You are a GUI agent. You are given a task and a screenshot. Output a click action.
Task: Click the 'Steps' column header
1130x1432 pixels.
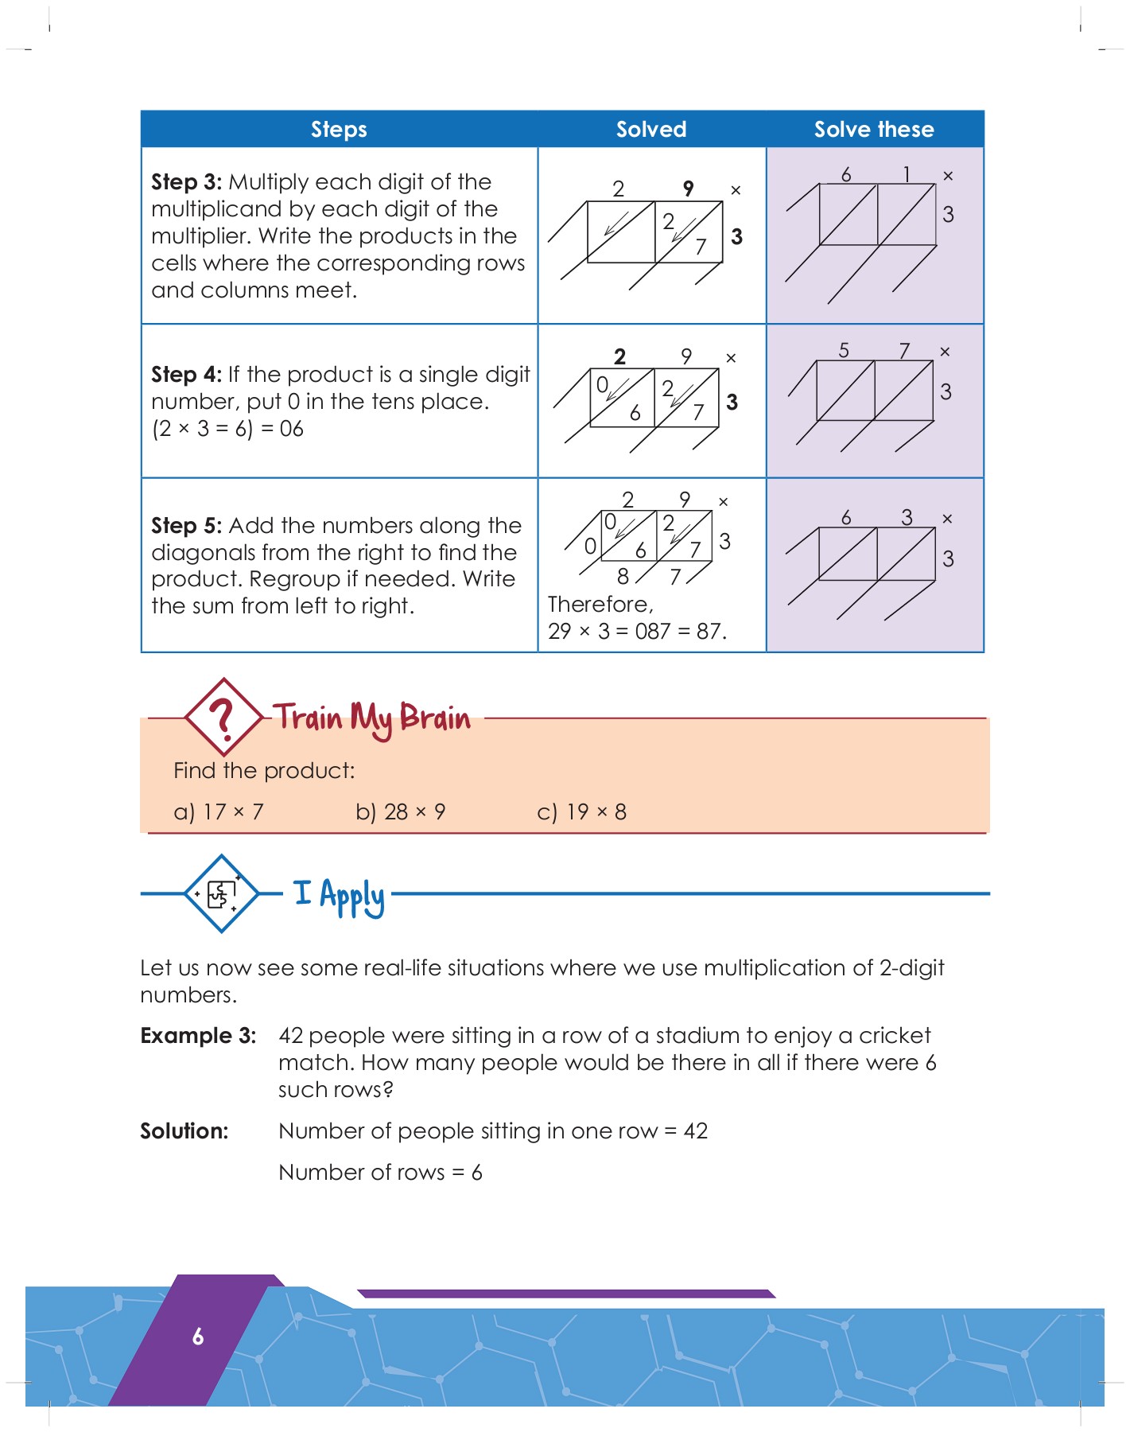pyautogui.click(x=339, y=129)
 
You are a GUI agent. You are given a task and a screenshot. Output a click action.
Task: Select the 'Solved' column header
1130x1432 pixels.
pyautogui.click(x=650, y=129)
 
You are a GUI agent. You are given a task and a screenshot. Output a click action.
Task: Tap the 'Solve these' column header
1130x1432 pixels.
pyautogui.click(x=873, y=129)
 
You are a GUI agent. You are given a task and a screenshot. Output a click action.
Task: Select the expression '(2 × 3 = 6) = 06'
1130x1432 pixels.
pyautogui.click(x=227, y=429)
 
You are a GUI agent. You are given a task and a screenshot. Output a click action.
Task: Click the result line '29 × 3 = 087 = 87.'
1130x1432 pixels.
pyautogui.click(x=637, y=632)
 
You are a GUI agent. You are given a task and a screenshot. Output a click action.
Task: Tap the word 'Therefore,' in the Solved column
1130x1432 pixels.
pyautogui.click(x=600, y=605)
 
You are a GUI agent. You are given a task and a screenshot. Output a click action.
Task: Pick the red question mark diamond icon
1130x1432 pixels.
pyautogui.click(x=223, y=717)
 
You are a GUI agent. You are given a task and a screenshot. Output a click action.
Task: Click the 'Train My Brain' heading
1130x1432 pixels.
pyautogui.click(x=372, y=718)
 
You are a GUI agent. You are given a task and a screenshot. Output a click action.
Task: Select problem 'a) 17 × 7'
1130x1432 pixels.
pyautogui.click(x=219, y=812)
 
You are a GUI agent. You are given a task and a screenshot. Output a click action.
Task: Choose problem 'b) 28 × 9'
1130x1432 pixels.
pyautogui.click(x=400, y=812)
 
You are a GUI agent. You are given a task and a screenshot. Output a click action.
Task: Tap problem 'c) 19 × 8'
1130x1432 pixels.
pyautogui.click(x=581, y=812)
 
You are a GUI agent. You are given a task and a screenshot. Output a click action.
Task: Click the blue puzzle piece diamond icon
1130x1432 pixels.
pyautogui.click(x=221, y=893)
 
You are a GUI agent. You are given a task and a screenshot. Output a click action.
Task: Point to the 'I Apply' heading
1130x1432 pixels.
pyautogui.click(x=339, y=896)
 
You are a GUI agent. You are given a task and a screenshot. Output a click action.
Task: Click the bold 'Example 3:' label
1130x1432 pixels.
pyautogui.click(x=198, y=1036)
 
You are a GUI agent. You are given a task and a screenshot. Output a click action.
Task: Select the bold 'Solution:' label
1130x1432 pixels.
pyautogui.click(x=184, y=1131)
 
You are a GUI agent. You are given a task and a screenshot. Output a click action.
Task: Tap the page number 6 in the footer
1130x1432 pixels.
pyautogui.click(x=198, y=1337)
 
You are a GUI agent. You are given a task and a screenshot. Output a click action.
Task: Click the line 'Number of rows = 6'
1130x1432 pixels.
pyautogui.click(x=380, y=1173)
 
